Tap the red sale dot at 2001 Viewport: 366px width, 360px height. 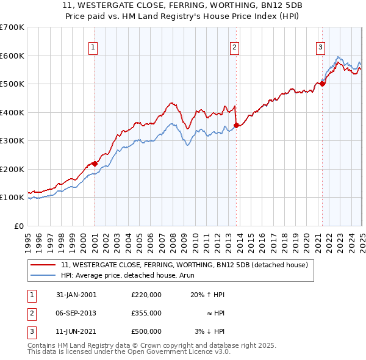tap(95, 164)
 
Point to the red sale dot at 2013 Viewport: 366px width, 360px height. tap(236, 125)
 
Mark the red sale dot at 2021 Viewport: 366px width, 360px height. tap(322, 84)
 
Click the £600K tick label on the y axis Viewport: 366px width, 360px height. tap(12, 56)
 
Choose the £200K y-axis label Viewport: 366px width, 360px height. tap(12, 169)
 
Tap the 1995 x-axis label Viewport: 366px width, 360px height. tap(28, 237)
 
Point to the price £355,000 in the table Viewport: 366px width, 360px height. tap(146, 313)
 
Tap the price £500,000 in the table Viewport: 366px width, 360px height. tap(146, 331)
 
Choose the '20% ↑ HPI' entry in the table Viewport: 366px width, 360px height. tap(207, 295)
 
